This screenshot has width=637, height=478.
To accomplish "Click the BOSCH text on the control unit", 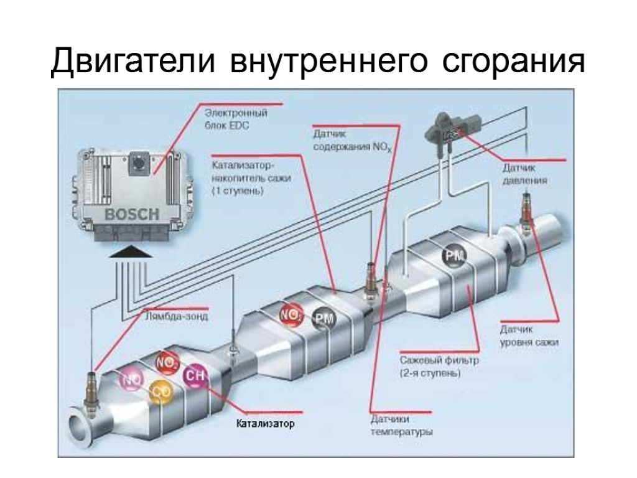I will (x=132, y=215).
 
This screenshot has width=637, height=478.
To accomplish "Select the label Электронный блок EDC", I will (x=236, y=119).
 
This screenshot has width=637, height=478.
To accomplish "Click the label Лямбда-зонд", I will (x=176, y=316).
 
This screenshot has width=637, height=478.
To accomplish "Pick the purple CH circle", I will (x=195, y=375).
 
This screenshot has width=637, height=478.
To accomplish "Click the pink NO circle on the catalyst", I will (x=131, y=379).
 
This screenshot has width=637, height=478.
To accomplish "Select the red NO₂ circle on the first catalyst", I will (x=167, y=362).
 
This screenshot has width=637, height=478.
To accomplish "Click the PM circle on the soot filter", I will (x=453, y=256).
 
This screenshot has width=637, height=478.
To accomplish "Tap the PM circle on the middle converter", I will (x=323, y=318).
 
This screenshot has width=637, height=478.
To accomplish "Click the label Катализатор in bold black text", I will (x=264, y=424).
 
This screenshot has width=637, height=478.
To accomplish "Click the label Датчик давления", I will (x=525, y=174).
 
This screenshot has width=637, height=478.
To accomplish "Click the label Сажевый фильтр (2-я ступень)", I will (x=430, y=367).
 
